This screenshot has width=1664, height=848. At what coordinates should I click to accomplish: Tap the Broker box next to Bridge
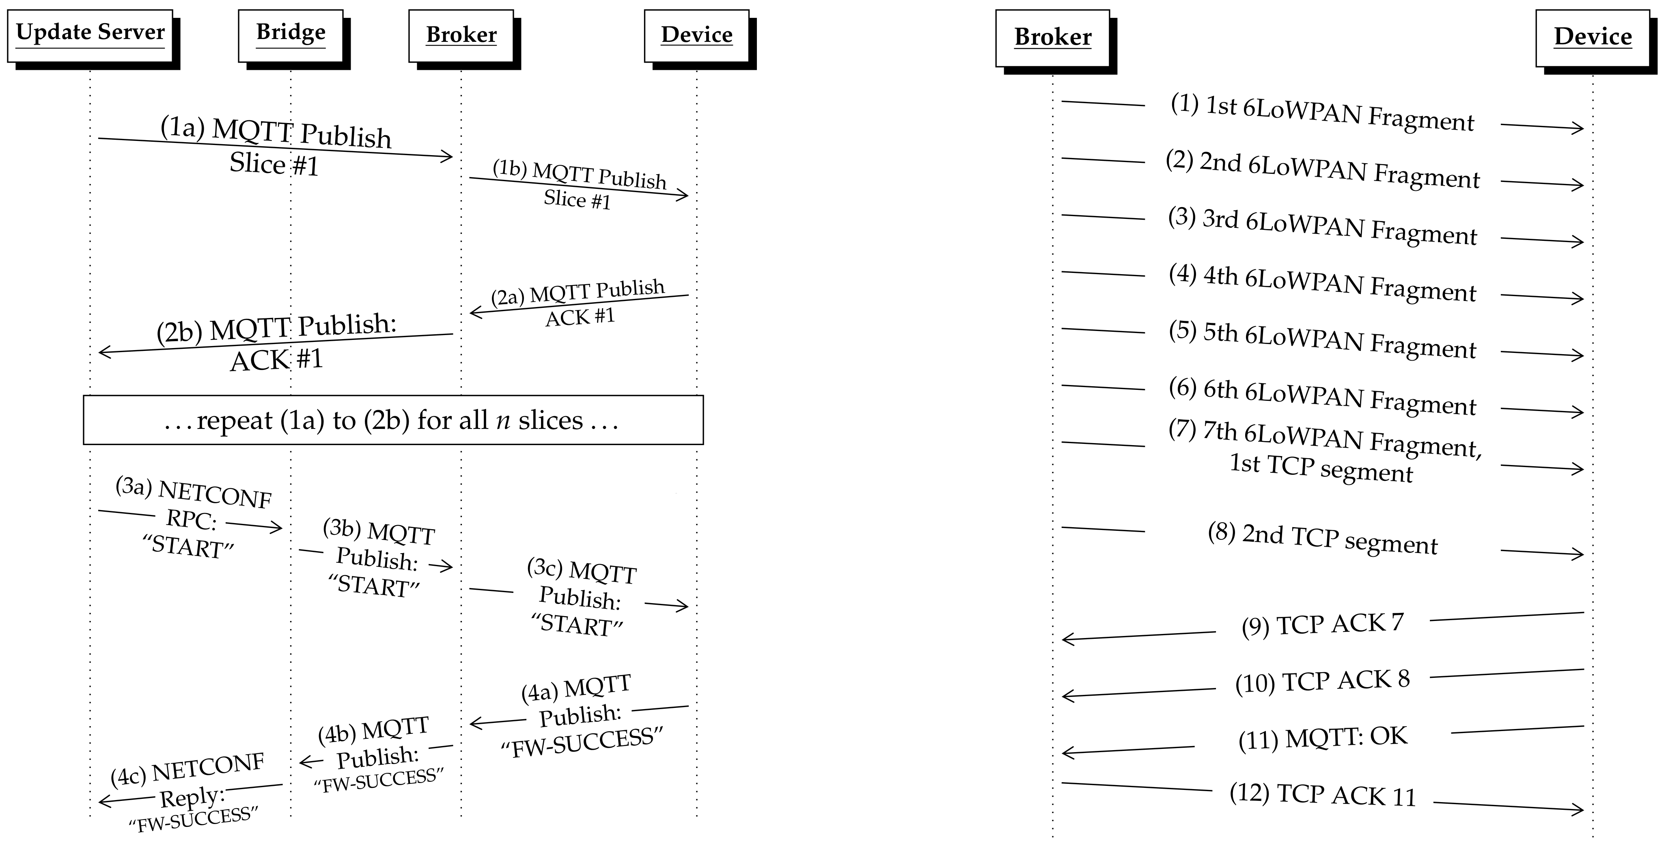[461, 36]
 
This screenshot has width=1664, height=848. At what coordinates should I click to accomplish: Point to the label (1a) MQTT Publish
[276, 132]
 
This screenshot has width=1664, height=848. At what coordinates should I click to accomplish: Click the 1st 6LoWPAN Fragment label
[1322, 113]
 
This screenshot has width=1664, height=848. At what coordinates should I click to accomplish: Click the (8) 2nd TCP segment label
[1322, 540]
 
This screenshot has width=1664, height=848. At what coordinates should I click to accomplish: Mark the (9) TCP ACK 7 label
[1322, 624]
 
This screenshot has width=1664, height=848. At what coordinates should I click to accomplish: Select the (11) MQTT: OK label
[1322, 738]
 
